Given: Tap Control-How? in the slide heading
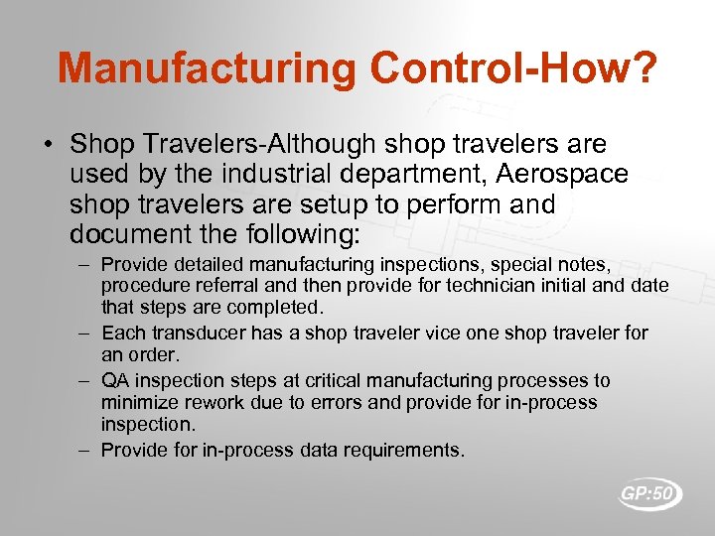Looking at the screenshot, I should [x=513, y=68].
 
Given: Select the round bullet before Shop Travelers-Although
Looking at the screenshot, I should [x=49, y=146].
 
